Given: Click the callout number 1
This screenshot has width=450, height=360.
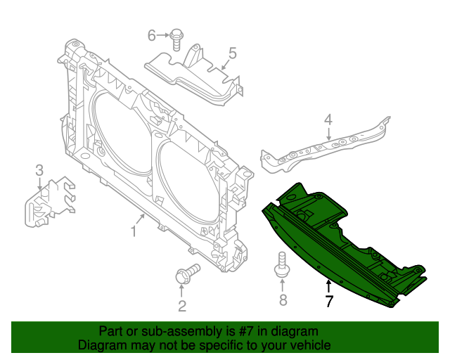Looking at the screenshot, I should pyautogui.click(x=134, y=231).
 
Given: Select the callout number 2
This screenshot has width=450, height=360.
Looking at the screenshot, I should pyautogui.click(x=181, y=306).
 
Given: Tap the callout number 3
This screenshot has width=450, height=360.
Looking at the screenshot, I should pyautogui.click(x=39, y=169).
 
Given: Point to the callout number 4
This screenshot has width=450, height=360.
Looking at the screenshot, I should pyautogui.click(x=328, y=122).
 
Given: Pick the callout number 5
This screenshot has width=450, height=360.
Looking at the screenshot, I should pyautogui.click(x=232, y=52).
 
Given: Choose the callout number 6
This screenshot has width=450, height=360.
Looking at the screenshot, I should pyautogui.click(x=152, y=35).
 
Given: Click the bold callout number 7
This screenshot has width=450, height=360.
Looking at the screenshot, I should pyautogui.click(x=328, y=302).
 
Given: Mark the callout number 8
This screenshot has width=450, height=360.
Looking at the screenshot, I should pyautogui.click(x=283, y=301).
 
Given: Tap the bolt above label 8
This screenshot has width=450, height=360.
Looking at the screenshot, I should pyautogui.click(x=282, y=268).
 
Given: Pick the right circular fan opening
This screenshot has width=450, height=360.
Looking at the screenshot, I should pyautogui.click(x=186, y=183).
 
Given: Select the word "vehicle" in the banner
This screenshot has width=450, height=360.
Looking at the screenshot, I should pyautogui.click(x=310, y=345).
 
